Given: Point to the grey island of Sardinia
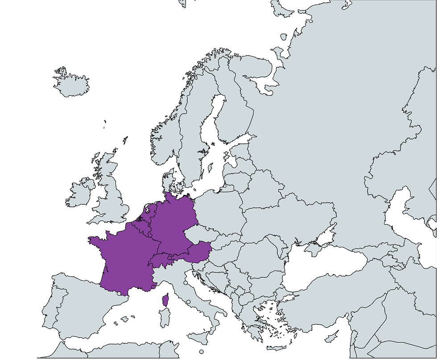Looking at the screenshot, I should pyautogui.click(x=165, y=319).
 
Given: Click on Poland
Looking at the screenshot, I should pyautogui.click(x=218, y=214).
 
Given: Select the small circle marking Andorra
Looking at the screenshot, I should pyautogui.click(x=119, y=294).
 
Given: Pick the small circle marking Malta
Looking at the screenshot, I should pyautogui.click(x=202, y=352).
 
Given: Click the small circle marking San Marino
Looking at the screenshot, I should pyautogui.click(x=186, y=282).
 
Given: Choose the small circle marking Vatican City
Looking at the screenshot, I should pyautogui.click(x=188, y=302).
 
